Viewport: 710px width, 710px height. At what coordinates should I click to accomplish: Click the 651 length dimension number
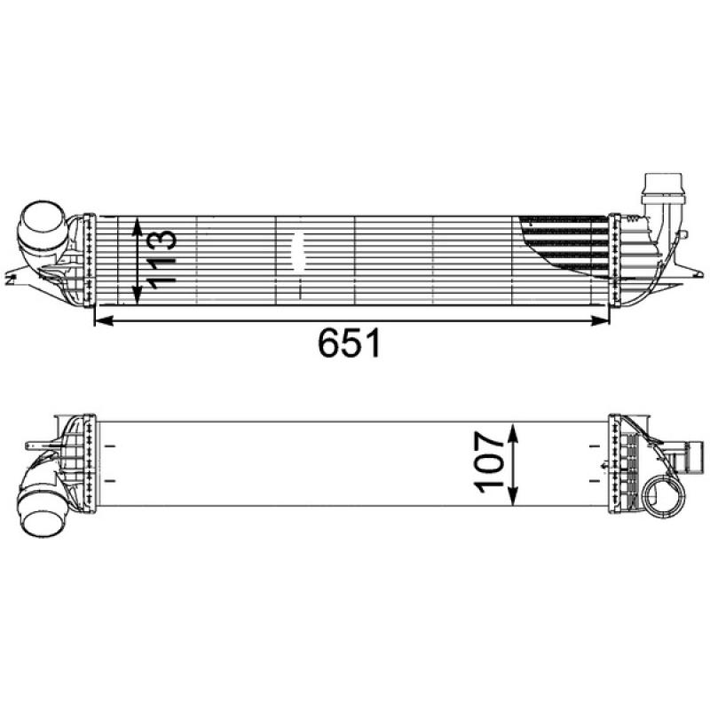click(x=350, y=343)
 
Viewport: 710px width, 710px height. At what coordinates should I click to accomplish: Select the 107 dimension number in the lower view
click(x=492, y=462)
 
